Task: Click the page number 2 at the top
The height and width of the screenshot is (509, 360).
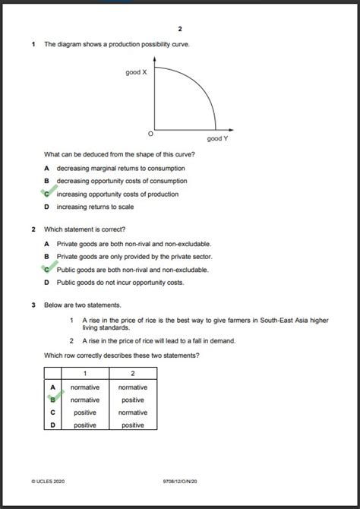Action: coord(180,29)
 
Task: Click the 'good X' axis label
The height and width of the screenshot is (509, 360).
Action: coord(136,72)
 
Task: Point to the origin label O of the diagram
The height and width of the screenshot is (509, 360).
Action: coord(150,134)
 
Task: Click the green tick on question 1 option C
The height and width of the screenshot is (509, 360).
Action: coord(47,194)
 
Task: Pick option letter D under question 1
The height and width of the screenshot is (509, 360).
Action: coord(46,207)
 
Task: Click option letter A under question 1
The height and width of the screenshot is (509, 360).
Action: coord(46,168)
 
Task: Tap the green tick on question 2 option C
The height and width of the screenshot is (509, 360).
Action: coord(47,268)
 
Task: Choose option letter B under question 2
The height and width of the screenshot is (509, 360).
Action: coord(46,257)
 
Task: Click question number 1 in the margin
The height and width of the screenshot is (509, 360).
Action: coord(33,44)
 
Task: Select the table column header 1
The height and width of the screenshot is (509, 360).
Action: coord(85,374)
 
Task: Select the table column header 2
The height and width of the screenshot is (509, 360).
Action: coord(133,374)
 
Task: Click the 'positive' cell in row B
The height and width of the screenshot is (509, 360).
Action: coord(133,400)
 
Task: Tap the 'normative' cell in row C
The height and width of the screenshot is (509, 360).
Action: coord(133,413)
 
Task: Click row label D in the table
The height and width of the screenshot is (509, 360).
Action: coord(52,425)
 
